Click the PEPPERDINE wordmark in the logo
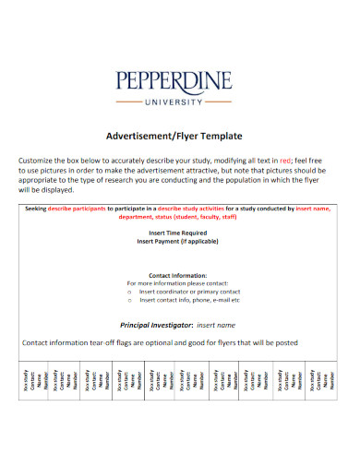(x=179, y=82)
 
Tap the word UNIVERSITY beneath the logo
(x=179, y=102)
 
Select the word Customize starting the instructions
(x=40, y=161)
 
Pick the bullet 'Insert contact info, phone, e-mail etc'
(x=189, y=300)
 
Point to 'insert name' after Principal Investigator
(x=216, y=325)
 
